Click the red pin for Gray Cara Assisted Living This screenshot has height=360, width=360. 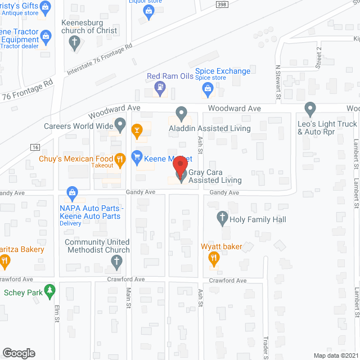[180, 166]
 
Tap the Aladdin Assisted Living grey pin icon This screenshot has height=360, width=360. [181, 114]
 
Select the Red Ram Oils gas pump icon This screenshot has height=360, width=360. [161, 88]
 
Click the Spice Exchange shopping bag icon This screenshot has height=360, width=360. [208, 88]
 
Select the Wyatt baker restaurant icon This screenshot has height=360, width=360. [214, 259]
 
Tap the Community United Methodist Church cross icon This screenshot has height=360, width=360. [117, 262]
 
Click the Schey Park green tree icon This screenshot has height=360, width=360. [51, 291]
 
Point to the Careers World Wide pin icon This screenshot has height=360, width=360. [120, 125]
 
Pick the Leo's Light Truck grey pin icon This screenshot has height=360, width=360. [309, 109]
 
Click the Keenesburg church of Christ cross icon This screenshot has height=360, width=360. [74, 43]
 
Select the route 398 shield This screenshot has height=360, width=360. [223, 4]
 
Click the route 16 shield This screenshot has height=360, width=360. [34, 147]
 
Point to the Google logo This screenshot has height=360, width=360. [18, 353]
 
